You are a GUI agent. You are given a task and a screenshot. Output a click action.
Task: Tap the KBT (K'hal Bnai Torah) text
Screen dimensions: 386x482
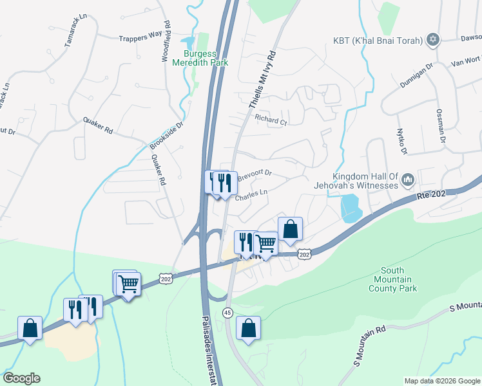(378, 41)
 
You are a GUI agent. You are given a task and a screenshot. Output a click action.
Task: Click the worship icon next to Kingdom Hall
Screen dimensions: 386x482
(407, 181)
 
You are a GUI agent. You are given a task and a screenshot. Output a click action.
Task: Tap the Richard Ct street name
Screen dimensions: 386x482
(270, 120)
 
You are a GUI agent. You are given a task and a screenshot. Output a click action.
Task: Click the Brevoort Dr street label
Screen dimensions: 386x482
(255, 174)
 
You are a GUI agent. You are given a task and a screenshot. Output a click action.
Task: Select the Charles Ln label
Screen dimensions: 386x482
(251, 195)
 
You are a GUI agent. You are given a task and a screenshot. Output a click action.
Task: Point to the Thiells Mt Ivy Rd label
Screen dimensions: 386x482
(262, 78)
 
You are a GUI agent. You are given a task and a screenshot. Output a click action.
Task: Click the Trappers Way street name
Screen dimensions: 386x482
(140, 37)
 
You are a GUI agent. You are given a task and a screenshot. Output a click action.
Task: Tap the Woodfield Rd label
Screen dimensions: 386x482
(167, 42)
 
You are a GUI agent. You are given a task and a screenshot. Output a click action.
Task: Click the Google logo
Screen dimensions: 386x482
(21, 378)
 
